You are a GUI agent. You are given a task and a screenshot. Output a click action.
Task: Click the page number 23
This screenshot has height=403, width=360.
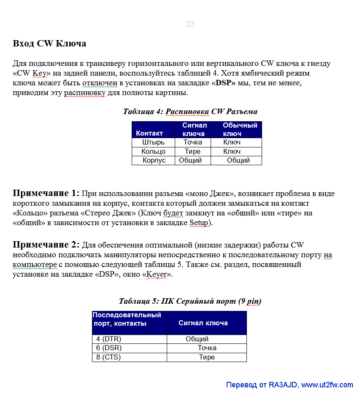click(x=190, y=24)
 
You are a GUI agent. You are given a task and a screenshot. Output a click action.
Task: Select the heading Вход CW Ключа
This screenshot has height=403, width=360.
click(x=49, y=44)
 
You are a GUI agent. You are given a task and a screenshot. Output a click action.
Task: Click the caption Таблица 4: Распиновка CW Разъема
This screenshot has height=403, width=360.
click(x=190, y=112)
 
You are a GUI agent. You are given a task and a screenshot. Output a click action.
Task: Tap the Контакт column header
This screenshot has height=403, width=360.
click(x=149, y=133)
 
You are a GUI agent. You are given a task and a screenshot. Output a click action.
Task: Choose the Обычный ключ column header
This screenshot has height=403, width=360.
click(x=240, y=129)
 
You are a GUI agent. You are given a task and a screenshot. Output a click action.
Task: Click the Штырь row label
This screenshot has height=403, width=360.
click(x=153, y=142)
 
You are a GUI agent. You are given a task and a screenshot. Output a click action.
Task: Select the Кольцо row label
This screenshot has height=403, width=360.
click(x=153, y=151)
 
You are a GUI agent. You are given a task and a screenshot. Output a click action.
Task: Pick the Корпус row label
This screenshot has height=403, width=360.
click(x=154, y=160)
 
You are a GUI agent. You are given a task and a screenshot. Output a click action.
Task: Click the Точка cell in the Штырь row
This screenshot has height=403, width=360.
click(x=192, y=142)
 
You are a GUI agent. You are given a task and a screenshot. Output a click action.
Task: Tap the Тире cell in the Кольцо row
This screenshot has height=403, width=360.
click(x=192, y=151)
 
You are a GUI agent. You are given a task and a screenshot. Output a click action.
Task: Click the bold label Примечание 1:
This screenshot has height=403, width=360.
click(x=46, y=193)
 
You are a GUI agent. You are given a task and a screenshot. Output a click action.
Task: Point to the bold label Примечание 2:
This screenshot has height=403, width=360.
click(x=46, y=245)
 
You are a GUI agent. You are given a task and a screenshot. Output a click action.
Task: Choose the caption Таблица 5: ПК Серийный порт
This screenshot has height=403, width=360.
click(x=190, y=301)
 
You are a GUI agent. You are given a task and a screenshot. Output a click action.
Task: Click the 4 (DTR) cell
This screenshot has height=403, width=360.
click(x=108, y=339)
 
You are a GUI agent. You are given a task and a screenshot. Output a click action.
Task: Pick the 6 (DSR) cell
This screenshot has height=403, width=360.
click(x=108, y=348)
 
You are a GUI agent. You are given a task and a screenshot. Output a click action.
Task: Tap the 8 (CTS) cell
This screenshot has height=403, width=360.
click(x=108, y=357)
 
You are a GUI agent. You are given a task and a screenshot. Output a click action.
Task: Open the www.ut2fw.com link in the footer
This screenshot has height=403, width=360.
click(x=327, y=385)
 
